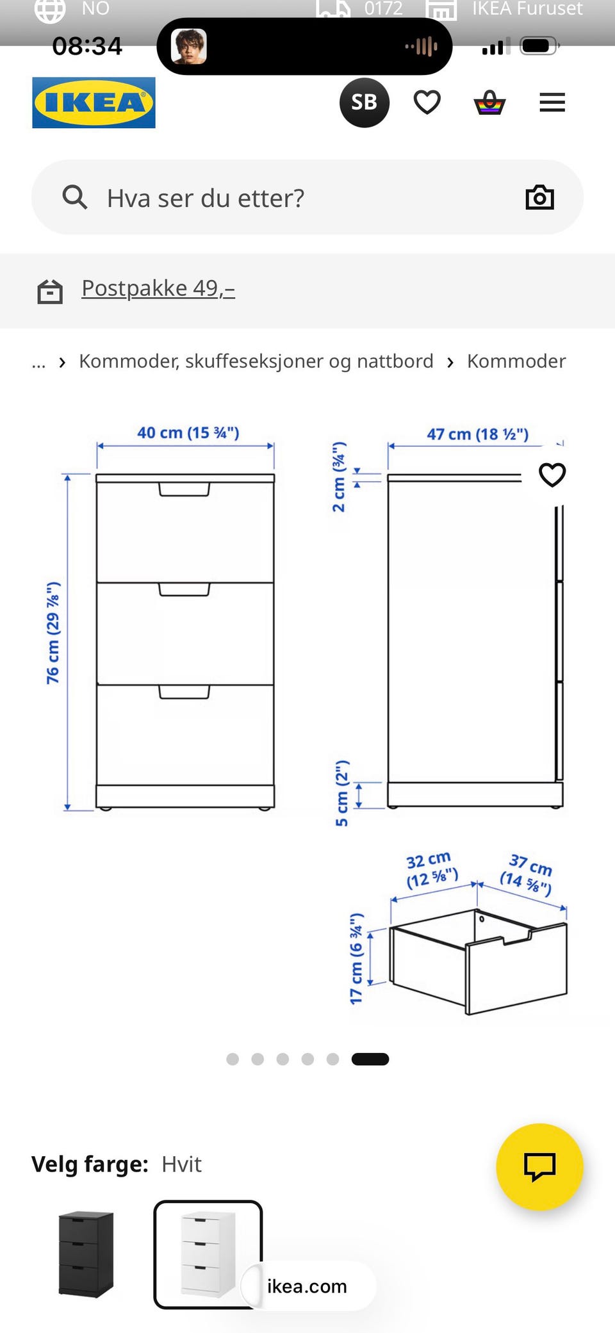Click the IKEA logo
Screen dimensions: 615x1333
point(94,102)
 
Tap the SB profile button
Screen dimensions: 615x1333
point(364,102)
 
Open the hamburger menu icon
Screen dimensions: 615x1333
point(552,102)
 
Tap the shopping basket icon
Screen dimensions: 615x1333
point(490,102)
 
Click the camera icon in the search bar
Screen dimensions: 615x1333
point(539,197)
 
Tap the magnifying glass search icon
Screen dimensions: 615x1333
point(74,197)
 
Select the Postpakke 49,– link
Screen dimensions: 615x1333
point(158,288)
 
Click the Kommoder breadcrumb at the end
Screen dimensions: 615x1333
point(516,361)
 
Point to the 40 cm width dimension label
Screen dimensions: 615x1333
point(188,433)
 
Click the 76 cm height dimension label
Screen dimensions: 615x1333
point(53,633)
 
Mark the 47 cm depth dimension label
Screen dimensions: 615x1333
point(478,434)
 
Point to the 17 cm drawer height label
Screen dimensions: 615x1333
point(356,958)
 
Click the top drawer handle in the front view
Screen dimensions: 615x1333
point(184,489)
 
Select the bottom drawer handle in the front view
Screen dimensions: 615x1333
point(184,692)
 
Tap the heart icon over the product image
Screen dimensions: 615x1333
point(552,475)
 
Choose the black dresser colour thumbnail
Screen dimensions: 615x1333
point(86,1254)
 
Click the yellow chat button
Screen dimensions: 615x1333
point(539,1166)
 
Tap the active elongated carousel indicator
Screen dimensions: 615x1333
point(370,1059)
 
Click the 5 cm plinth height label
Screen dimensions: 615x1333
point(343,793)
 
